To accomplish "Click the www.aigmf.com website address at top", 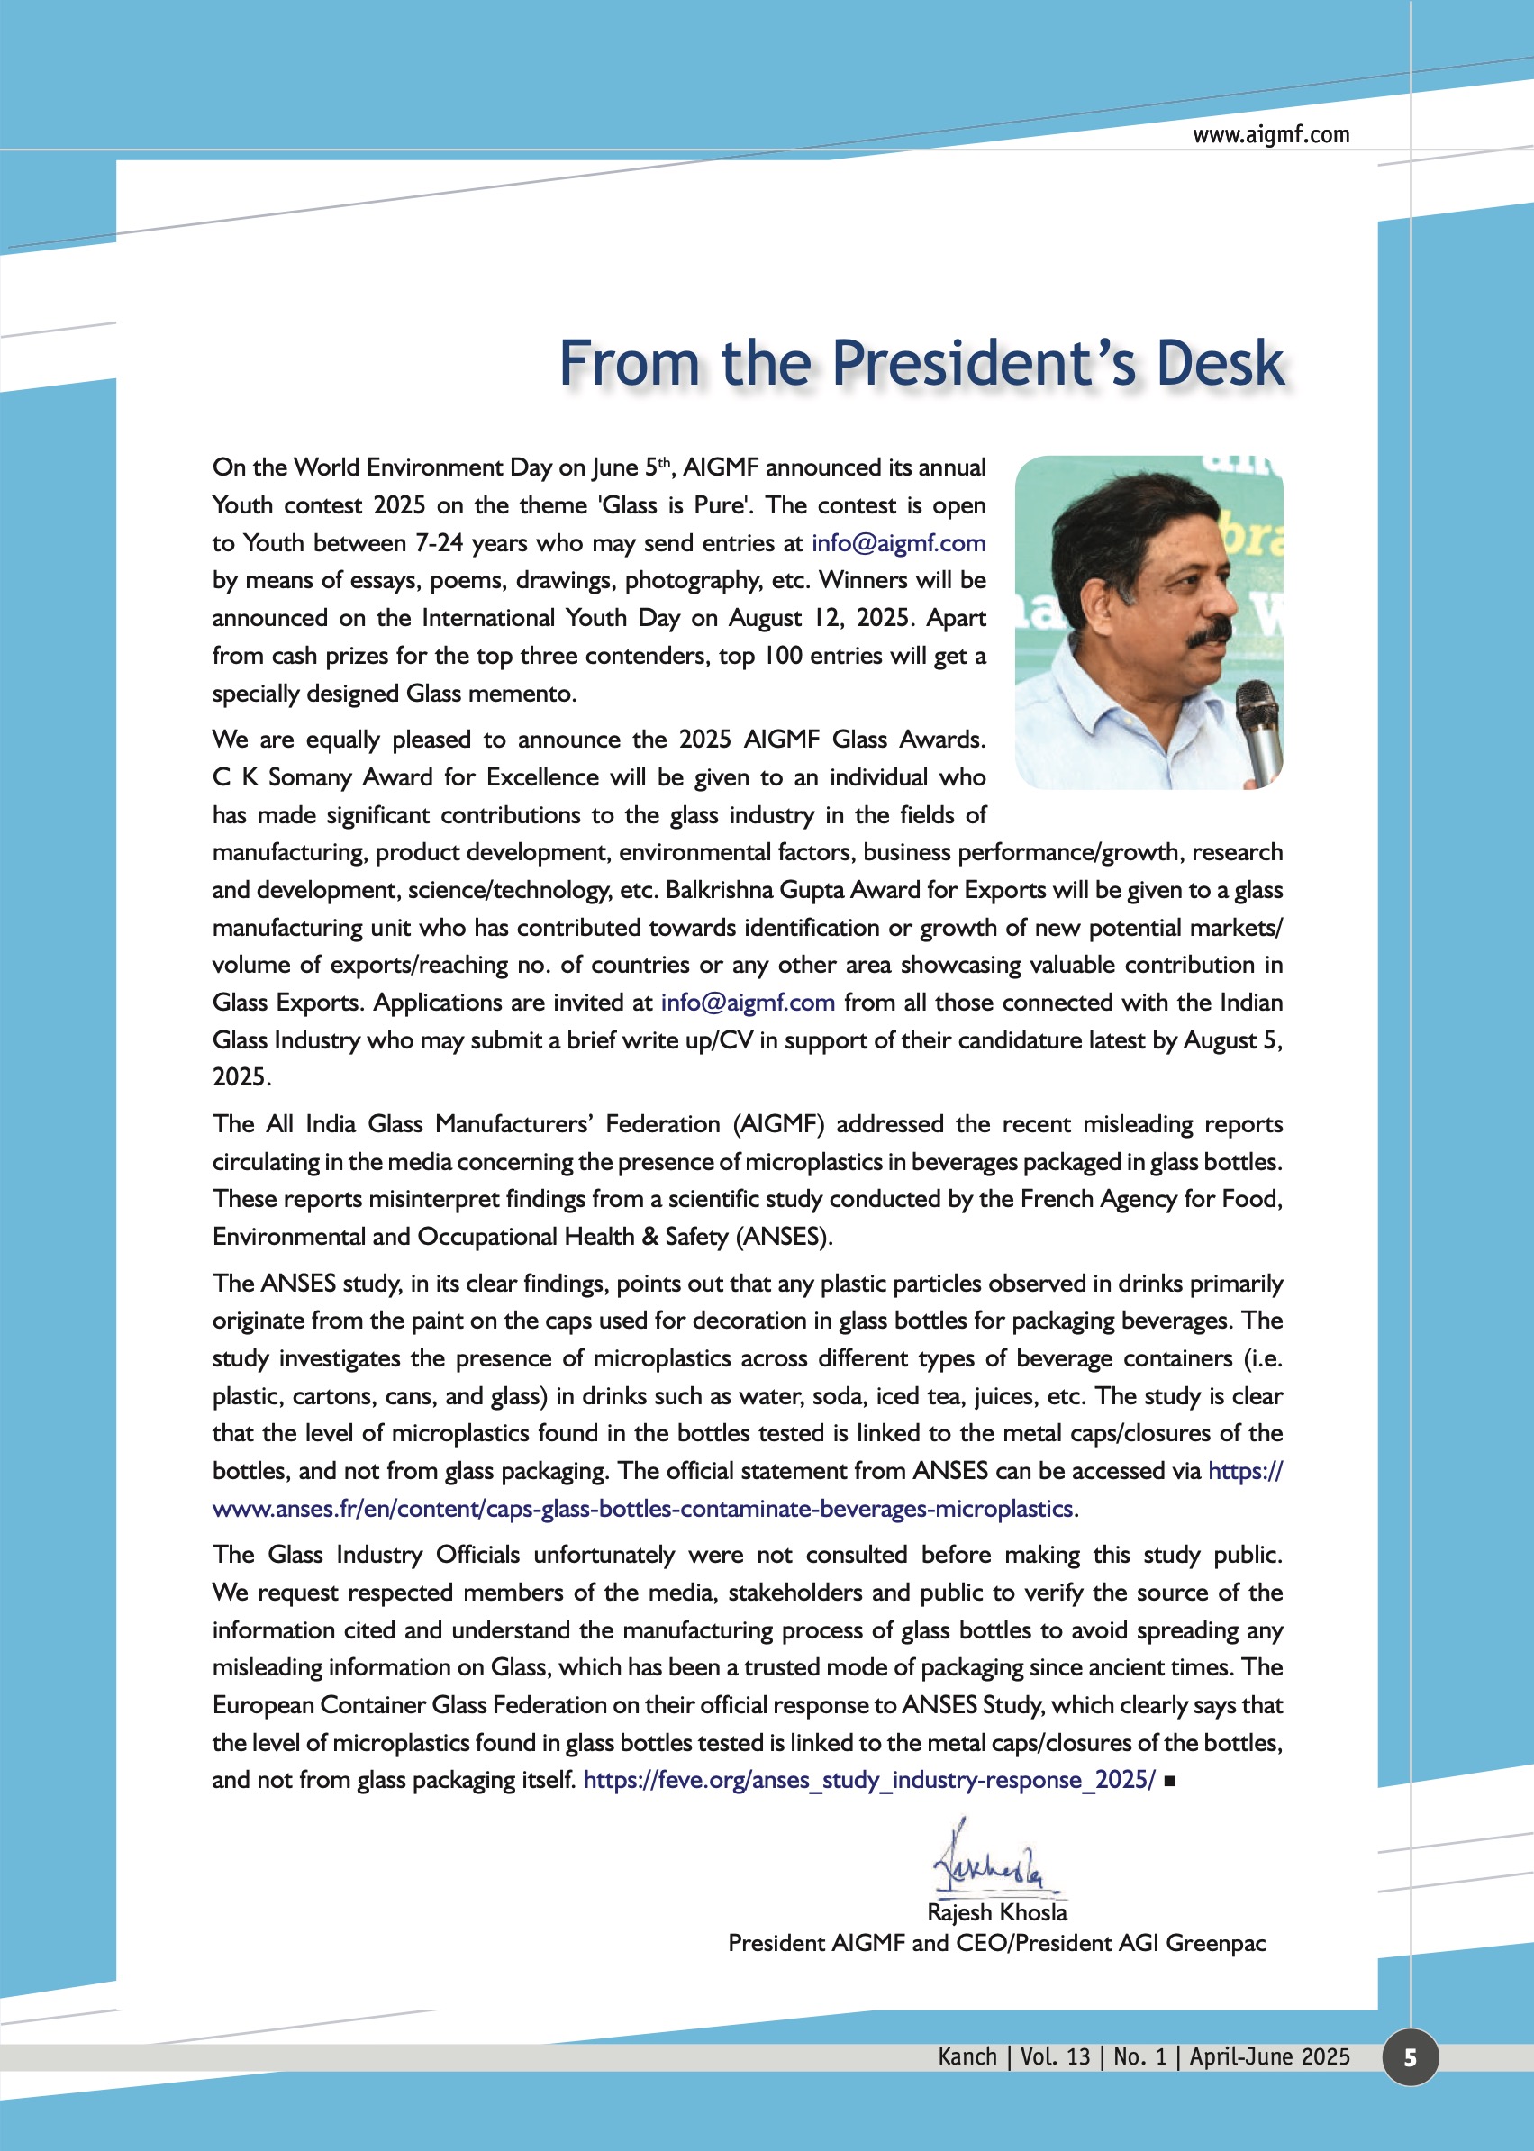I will [1270, 135].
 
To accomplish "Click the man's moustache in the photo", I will [1209, 634].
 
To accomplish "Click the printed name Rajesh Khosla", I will [996, 1912].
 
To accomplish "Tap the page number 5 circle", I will [1410, 2057].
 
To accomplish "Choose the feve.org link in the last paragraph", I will [869, 1780].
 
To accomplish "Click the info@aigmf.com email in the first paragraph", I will [898, 543].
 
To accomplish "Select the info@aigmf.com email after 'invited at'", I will [747, 1003].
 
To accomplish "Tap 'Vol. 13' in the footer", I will [1054, 2056].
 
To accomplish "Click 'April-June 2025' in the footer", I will [1268, 2056].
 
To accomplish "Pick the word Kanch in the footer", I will [967, 2056].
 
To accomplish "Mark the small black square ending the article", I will [1169, 1781].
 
